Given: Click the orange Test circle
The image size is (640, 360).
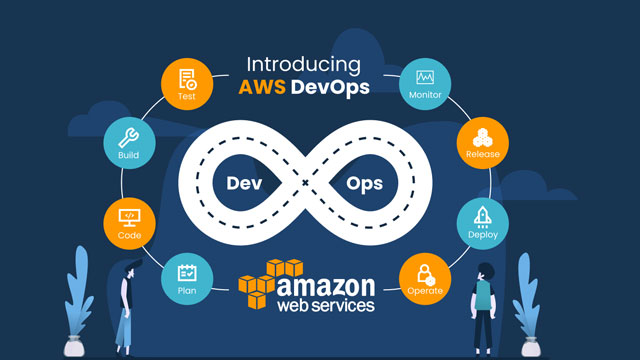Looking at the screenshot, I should tap(188, 84).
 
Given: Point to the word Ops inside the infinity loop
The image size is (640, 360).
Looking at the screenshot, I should tap(363, 184).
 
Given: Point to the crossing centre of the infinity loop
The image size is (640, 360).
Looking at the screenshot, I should tap(304, 184).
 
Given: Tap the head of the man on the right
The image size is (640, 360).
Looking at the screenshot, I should tap(485, 270).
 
